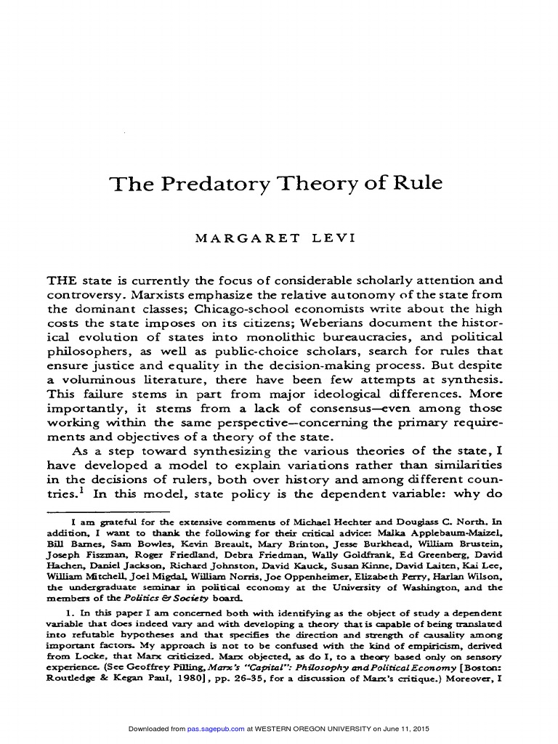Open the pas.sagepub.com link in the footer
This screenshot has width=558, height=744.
(x=216, y=729)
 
